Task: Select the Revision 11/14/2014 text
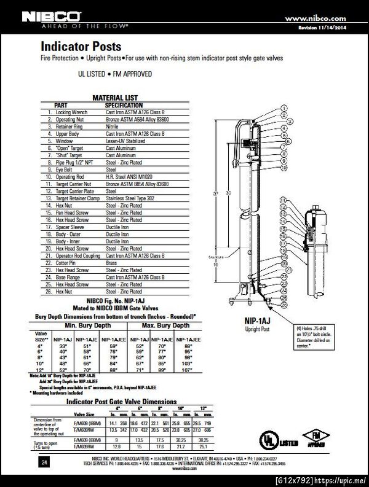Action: (325, 28)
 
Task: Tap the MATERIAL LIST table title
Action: (115, 98)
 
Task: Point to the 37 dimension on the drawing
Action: (216, 193)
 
